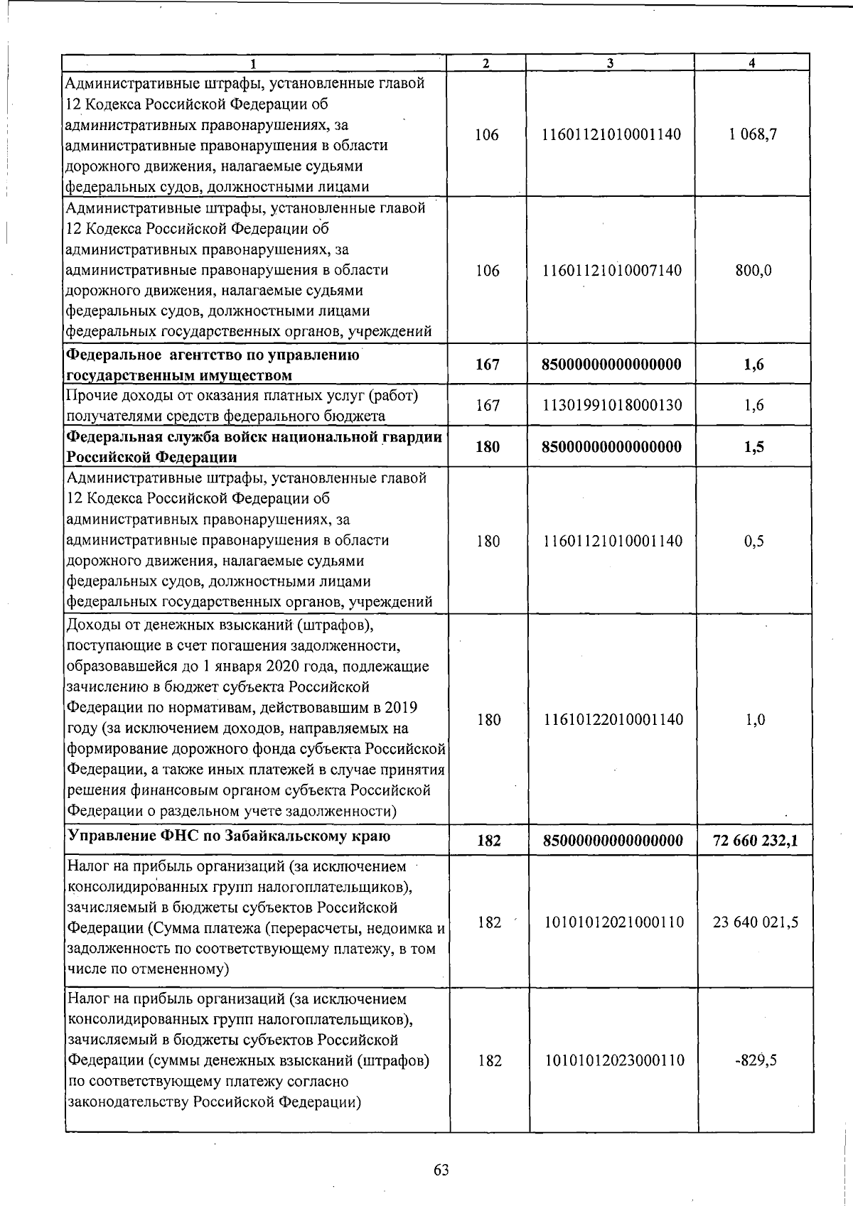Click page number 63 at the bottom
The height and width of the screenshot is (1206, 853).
[x=441, y=1170]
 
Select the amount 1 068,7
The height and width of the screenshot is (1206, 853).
[x=752, y=134]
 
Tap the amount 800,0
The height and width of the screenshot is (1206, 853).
[x=753, y=271]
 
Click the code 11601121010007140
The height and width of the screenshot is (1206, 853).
[x=612, y=271]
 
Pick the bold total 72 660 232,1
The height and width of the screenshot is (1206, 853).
[x=755, y=841]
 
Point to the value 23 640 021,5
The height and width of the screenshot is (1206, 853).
[x=756, y=922]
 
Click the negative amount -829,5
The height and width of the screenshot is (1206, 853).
[x=756, y=1060]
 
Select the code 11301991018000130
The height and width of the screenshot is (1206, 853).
[x=612, y=405]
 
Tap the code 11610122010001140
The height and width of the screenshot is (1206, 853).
[x=613, y=719]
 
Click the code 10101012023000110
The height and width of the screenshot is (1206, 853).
[x=614, y=1060]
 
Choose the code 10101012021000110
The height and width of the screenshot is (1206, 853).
[x=614, y=922]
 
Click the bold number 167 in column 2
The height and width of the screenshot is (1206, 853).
[x=488, y=365]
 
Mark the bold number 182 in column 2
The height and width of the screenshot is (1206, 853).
[x=489, y=841]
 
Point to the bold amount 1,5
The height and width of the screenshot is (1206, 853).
[x=754, y=447]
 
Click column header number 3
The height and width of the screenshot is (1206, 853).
[x=611, y=63]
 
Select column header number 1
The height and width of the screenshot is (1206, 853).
[x=254, y=63]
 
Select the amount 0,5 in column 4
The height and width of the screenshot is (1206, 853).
[x=754, y=541]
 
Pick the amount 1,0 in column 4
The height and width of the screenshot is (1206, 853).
[x=755, y=719]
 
